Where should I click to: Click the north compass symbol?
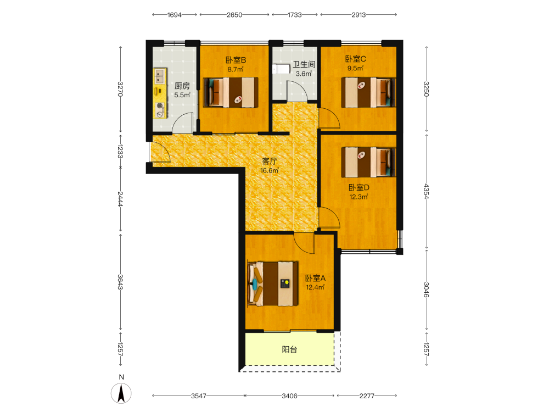pyautogui.click(x=121, y=393)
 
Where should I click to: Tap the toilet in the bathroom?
pyautogui.click(x=281, y=69)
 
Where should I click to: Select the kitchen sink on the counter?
pyautogui.click(x=160, y=76)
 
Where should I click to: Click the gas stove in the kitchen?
pyautogui.click(x=160, y=110)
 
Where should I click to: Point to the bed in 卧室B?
pyautogui.click(x=231, y=92)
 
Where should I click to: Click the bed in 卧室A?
pyautogui.click(x=273, y=283)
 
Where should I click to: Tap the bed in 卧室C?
pyautogui.click(x=368, y=92)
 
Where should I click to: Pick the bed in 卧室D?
pyautogui.click(x=368, y=162)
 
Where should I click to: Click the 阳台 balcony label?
pyautogui.click(x=289, y=349)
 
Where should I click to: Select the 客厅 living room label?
pyautogui.click(x=270, y=161)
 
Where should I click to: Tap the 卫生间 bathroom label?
pyautogui.click(x=304, y=64)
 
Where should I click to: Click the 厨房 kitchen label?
pyautogui.click(x=182, y=86)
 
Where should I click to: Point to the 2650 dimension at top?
pyautogui.click(x=234, y=15)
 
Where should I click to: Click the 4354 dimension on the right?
pyautogui.click(x=427, y=191)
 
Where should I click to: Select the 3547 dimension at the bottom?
pyautogui.click(x=199, y=396)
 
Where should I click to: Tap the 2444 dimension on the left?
pyautogui.click(x=120, y=199)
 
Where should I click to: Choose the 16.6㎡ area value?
pyautogui.click(x=270, y=171)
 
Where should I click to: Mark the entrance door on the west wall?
pyautogui.click(x=160, y=152)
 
